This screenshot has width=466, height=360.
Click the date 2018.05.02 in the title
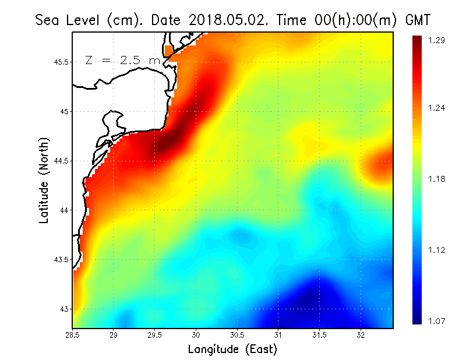225,20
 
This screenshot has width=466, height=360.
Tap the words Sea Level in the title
69,20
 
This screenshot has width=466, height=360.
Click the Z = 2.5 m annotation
122,61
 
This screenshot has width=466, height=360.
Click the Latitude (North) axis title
44,180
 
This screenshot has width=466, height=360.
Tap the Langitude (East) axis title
232,350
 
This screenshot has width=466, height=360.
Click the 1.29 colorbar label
437,40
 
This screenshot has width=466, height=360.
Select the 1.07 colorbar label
437,321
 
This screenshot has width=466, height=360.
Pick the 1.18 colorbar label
437,179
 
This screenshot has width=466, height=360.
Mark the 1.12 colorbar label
437,250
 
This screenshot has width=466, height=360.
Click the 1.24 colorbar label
437,108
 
